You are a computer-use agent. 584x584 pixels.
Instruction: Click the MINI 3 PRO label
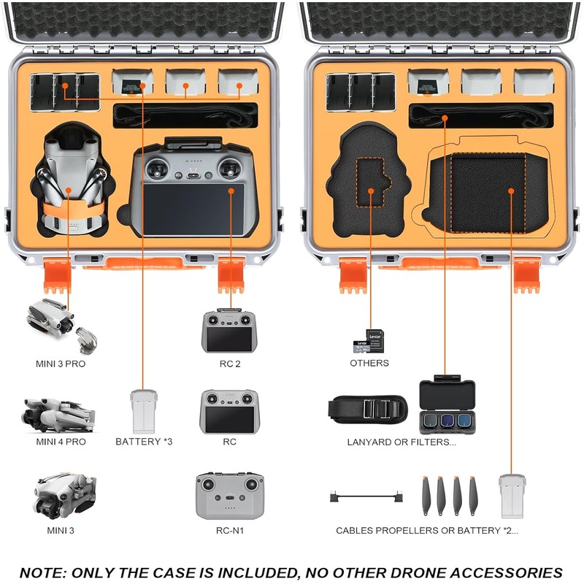[x=61, y=363]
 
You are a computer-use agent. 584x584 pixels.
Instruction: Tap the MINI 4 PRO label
[x=61, y=442]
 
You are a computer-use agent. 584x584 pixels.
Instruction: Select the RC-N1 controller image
[x=230, y=496]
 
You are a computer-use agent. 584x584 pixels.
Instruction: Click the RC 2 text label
[x=230, y=363]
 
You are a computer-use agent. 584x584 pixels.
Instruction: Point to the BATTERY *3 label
[x=144, y=442]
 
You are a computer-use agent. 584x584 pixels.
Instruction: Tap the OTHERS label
[x=369, y=363]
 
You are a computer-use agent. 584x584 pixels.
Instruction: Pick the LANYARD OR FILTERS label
[x=401, y=442]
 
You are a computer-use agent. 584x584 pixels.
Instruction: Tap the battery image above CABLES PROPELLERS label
[x=512, y=496]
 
